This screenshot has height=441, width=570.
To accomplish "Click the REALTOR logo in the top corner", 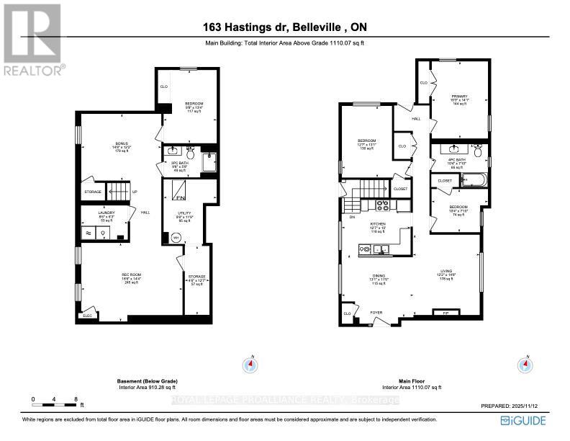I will coord(32,40).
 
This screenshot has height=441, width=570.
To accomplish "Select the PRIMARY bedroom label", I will coord(459,97).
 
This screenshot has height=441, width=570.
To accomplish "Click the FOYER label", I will coord(376,313).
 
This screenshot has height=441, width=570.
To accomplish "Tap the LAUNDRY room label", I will coord(107,213).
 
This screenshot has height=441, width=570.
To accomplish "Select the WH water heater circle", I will coord(175,239).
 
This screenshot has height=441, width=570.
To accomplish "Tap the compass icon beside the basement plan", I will coord(252,364).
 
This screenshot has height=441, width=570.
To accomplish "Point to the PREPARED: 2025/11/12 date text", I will coord(507,406).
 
